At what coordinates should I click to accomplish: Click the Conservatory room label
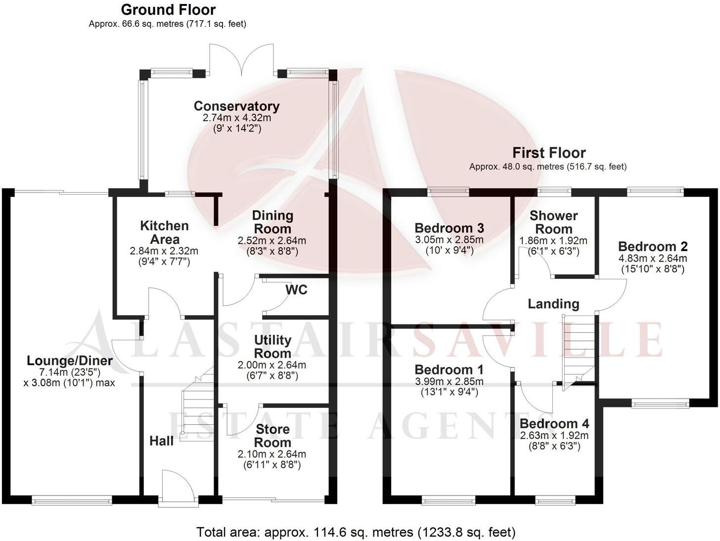pos(236,106)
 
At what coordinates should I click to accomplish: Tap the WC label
pos(296,289)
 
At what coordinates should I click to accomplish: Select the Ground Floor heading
pos(168,10)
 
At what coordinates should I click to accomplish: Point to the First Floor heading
pos(549,153)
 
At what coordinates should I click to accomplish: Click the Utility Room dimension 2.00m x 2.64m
pos(272,365)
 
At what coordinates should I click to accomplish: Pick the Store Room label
pos(272,436)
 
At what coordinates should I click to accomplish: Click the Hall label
pos(162,441)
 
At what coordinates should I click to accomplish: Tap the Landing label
pos(553,304)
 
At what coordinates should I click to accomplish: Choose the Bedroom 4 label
pos(554,424)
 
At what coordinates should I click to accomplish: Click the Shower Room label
pos(554,222)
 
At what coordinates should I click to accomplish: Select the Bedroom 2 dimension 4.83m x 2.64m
pos(653,259)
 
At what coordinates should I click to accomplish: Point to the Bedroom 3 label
pos(449,228)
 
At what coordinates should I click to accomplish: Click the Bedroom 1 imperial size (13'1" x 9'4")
pos(449,392)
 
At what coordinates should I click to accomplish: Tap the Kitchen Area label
pos(164,232)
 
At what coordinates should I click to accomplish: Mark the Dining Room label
pos(272,222)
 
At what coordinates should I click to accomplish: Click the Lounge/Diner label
pos(70,361)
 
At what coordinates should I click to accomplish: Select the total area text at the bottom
pos(356,532)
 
